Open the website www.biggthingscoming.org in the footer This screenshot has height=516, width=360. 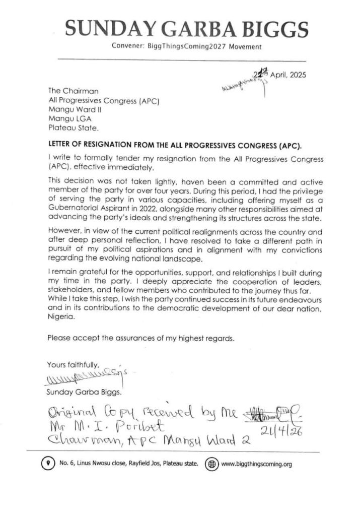tap(256, 464)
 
